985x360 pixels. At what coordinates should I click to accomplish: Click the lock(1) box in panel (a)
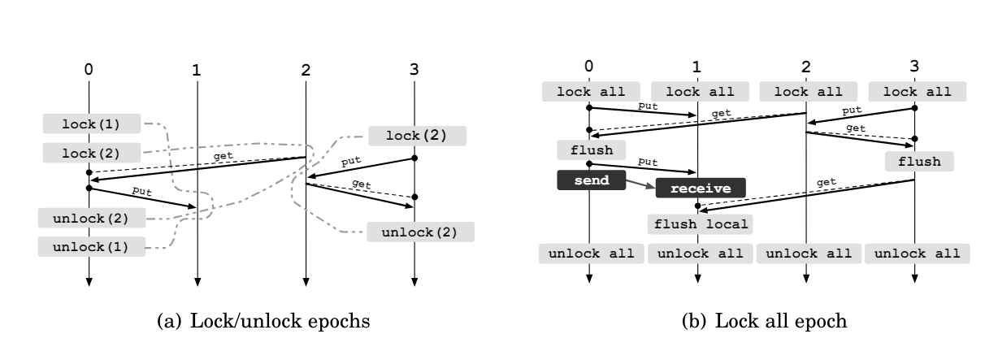pyautogui.click(x=91, y=124)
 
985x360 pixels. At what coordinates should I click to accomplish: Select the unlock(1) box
pyautogui.click(x=91, y=245)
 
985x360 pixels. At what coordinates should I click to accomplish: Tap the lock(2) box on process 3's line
pyautogui.click(x=417, y=136)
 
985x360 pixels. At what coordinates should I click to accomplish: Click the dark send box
pyautogui.click(x=590, y=180)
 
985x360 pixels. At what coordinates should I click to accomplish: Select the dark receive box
pyautogui.click(x=700, y=189)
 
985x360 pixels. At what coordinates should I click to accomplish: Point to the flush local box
pyautogui.click(x=700, y=223)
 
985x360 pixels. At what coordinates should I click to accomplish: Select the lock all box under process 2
pyautogui.click(x=805, y=92)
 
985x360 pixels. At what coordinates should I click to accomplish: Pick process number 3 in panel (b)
pyautogui.click(x=915, y=66)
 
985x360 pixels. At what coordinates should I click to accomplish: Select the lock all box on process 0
pyautogui.click(x=590, y=92)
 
